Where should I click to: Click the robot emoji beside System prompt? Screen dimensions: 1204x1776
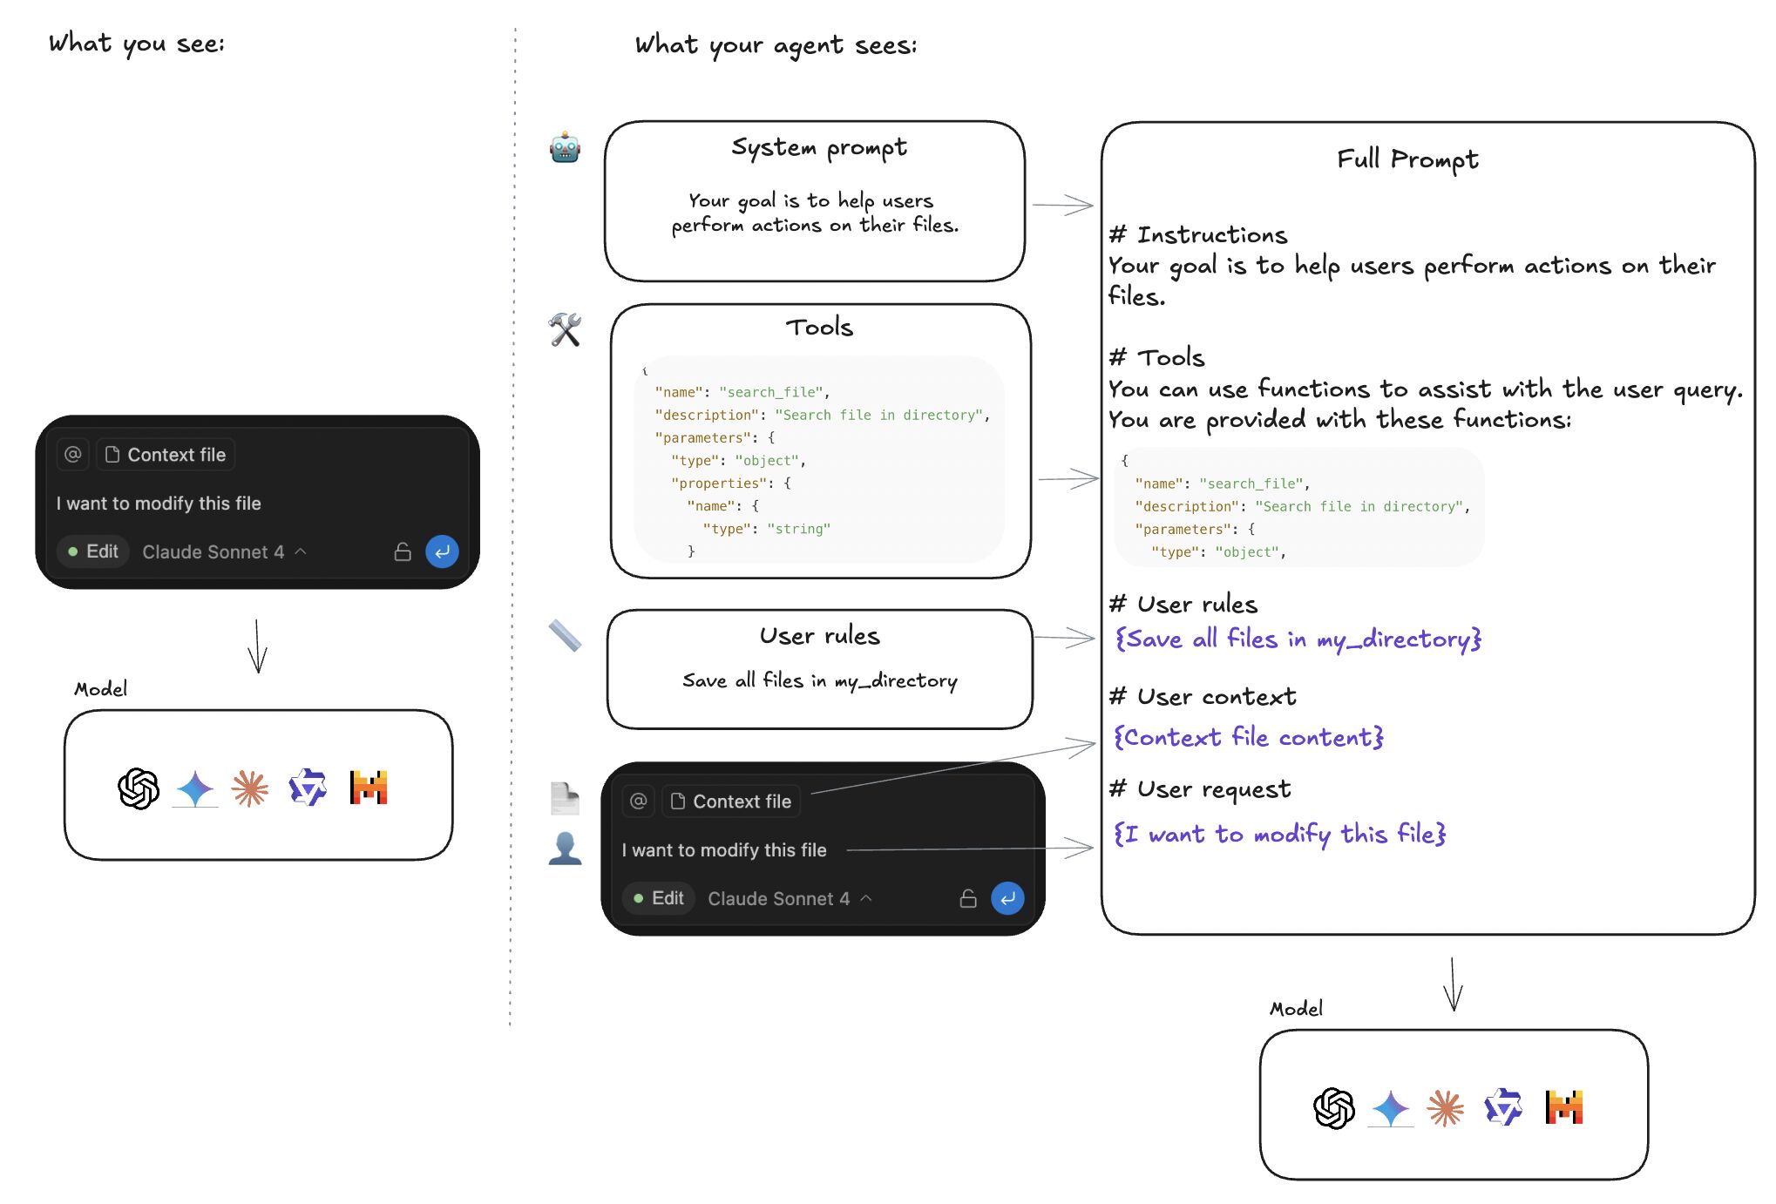(x=565, y=148)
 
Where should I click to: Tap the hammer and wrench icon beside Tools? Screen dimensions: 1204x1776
(x=565, y=329)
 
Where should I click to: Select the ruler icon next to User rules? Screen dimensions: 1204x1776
(x=565, y=636)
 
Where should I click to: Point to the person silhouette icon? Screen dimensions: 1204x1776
(x=565, y=848)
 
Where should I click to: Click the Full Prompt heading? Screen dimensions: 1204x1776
(x=1407, y=159)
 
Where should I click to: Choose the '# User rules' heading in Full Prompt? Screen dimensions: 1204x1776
(x=1183, y=605)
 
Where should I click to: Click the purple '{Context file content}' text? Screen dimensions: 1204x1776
(x=1248, y=738)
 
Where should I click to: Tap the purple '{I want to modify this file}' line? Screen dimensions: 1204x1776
(x=1279, y=834)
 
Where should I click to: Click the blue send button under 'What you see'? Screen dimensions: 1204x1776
(x=442, y=551)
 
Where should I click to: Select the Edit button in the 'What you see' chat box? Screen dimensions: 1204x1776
(x=93, y=551)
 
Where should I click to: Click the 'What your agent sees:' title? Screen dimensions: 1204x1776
(x=776, y=45)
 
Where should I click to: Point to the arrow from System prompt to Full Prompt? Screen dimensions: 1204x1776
(x=1062, y=205)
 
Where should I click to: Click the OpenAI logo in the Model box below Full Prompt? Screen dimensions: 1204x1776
(x=1333, y=1108)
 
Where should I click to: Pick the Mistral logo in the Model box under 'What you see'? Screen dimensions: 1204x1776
(x=368, y=788)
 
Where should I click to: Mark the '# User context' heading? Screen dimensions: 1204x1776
(x=1202, y=697)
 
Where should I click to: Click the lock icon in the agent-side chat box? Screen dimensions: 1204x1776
(x=967, y=898)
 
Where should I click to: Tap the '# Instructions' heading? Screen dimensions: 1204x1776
(x=1197, y=235)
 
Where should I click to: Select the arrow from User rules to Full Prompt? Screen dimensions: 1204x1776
(x=1064, y=638)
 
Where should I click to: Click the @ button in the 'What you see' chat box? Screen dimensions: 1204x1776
(x=73, y=454)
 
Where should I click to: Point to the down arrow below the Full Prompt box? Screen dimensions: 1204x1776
(x=1453, y=984)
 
